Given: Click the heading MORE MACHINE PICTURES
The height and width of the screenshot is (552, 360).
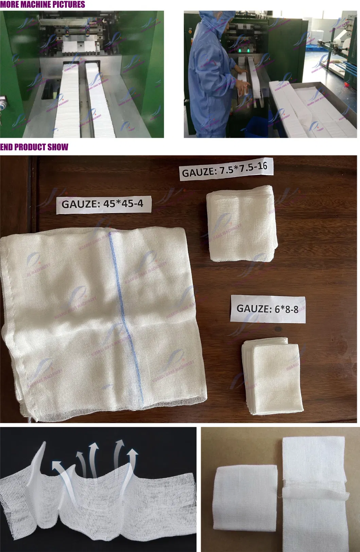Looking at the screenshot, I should tap(42, 4).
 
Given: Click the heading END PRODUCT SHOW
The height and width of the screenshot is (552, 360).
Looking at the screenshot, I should tap(34, 147).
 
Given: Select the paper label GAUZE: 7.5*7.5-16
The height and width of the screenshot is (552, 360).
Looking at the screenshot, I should tap(225, 169).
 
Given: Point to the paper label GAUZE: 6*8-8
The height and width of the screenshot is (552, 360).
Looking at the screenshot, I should tap(268, 309).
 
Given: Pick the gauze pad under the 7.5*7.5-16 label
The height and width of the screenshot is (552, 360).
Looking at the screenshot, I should tap(242, 224).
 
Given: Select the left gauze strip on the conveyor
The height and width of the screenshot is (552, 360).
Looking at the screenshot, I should tap(69, 99).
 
